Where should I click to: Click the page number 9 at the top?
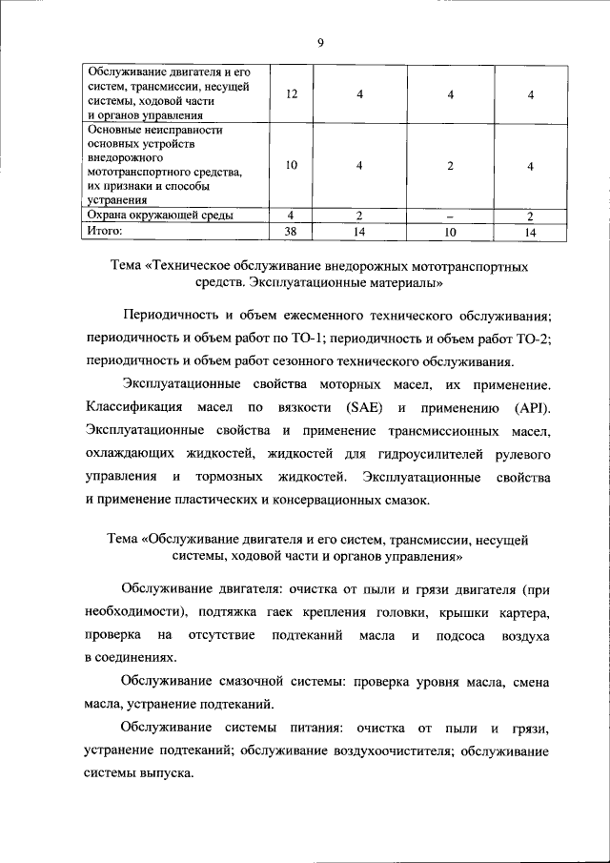click(321, 42)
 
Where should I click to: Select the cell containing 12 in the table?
click(292, 93)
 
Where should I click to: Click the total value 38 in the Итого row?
click(292, 231)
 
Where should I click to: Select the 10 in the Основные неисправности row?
click(292, 165)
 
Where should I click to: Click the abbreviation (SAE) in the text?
click(353, 409)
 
